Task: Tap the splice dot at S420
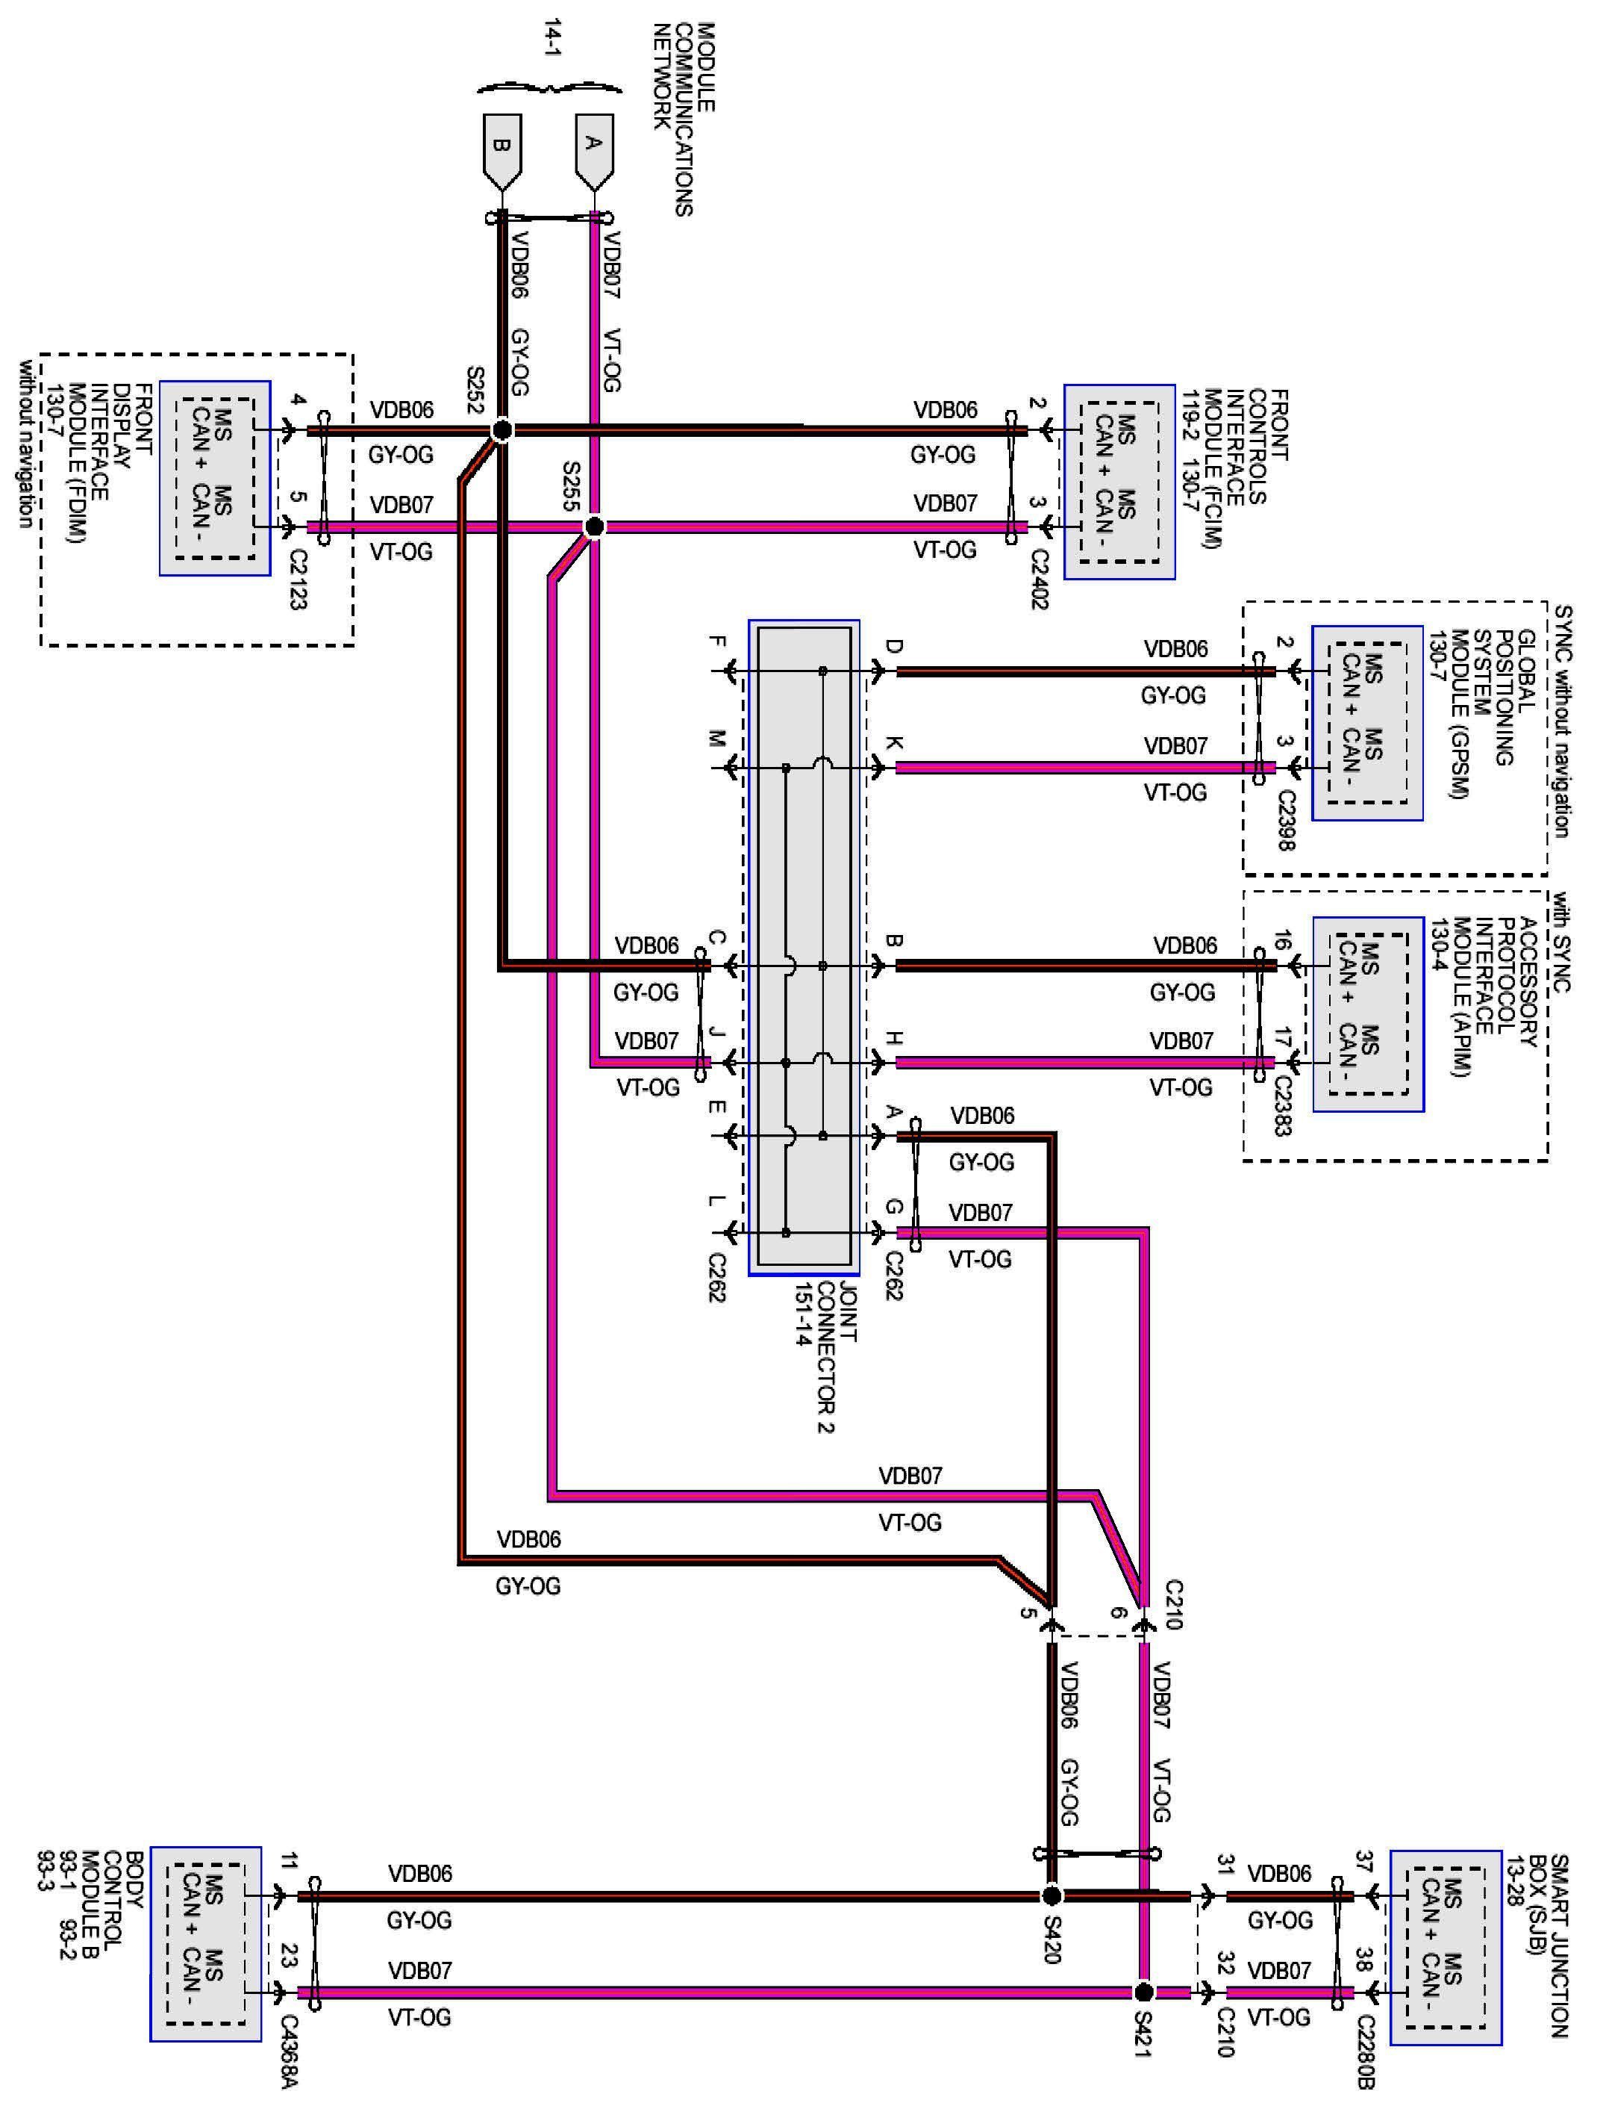point(1051,1895)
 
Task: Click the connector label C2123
point(297,580)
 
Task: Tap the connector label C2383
point(1283,1107)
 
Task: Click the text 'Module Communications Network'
point(684,119)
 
